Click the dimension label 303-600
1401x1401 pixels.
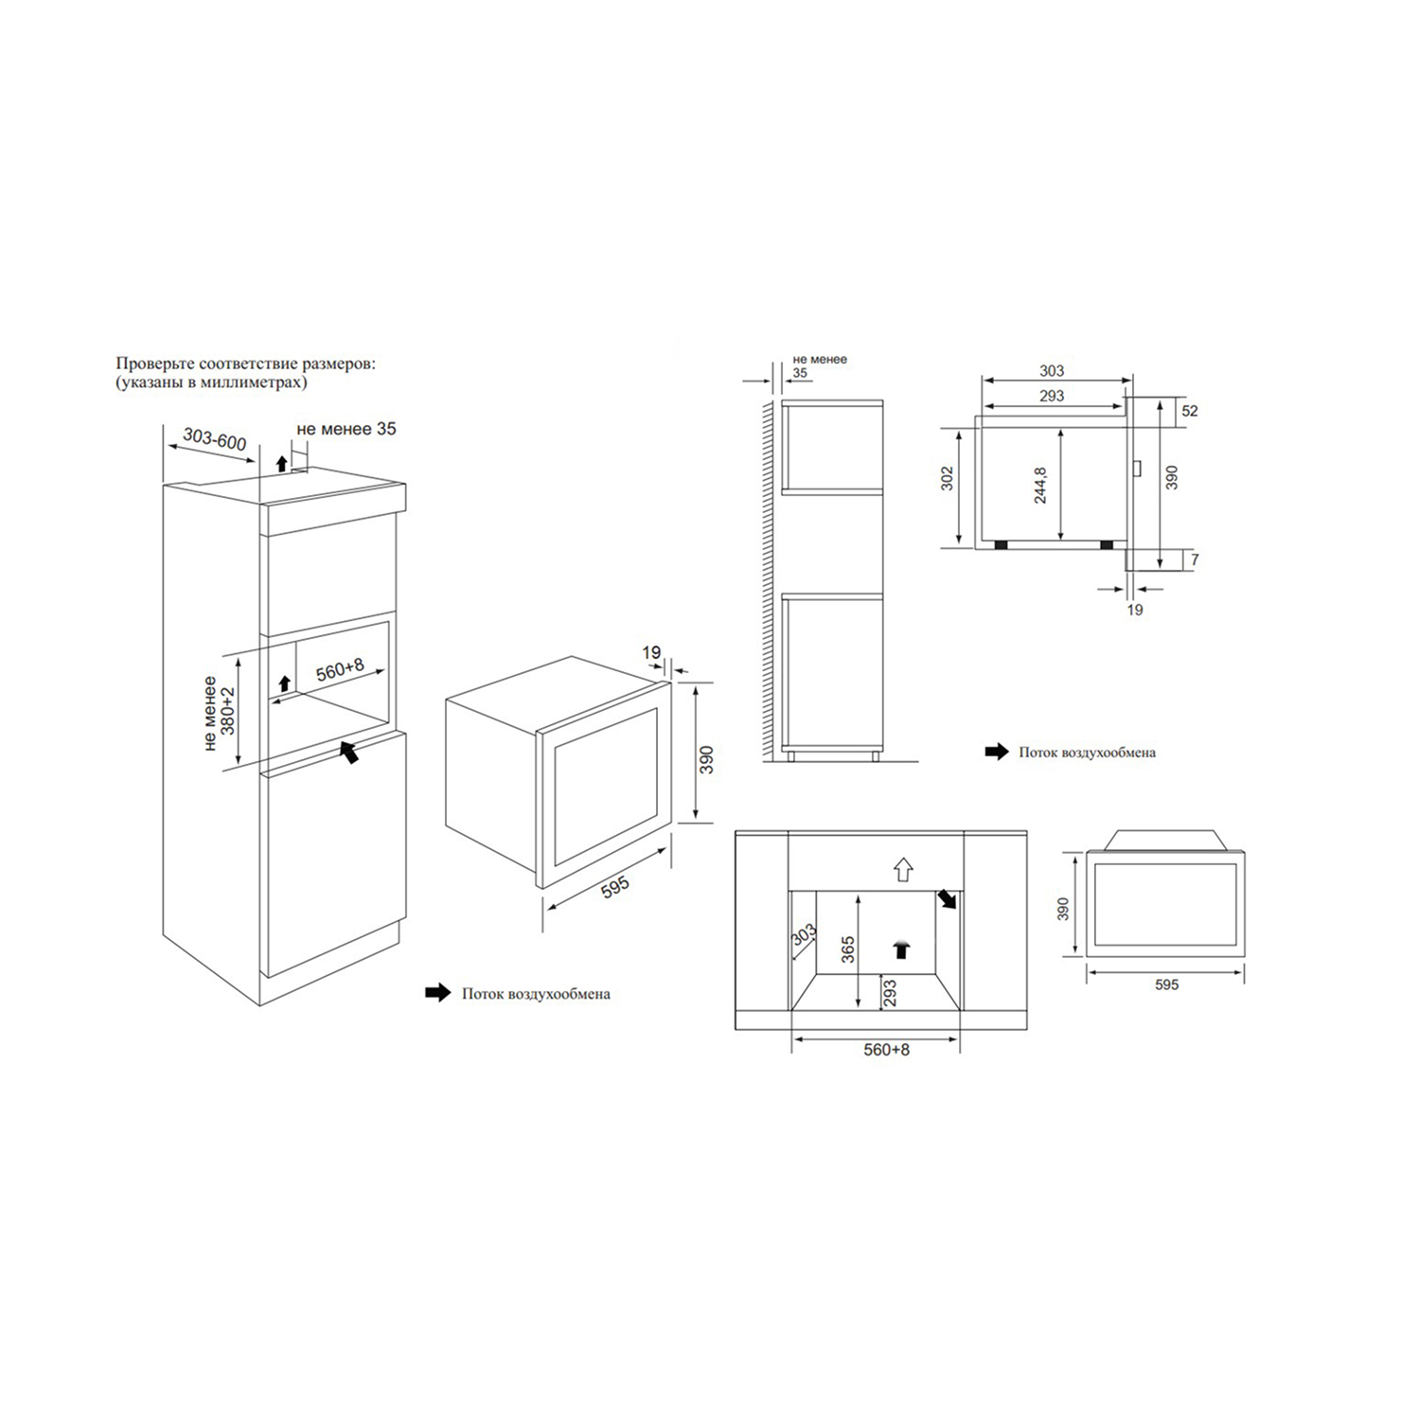pyautogui.click(x=215, y=439)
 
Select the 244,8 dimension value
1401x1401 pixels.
pyautogui.click(x=1041, y=485)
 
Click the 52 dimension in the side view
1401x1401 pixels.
pyautogui.click(x=1190, y=411)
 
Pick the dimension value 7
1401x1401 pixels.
pyautogui.click(x=1195, y=559)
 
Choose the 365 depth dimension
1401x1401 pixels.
pyautogui.click(x=848, y=949)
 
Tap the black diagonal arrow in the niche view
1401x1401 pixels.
pyautogui.click(x=947, y=899)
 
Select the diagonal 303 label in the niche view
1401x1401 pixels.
pyautogui.click(x=803, y=937)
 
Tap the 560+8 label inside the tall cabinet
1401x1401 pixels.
pyautogui.click(x=340, y=670)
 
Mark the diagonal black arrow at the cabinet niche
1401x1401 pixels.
pyautogui.click(x=349, y=752)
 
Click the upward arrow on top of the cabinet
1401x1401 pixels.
pyautogui.click(x=280, y=463)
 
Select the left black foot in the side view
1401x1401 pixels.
pyautogui.click(x=1000, y=544)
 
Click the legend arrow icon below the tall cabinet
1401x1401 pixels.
pyautogui.click(x=438, y=993)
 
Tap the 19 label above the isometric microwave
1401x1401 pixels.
pyautogui.click(x=651, y=652)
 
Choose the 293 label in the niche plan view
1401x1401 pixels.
pyautogui.click(x=890, y=992)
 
